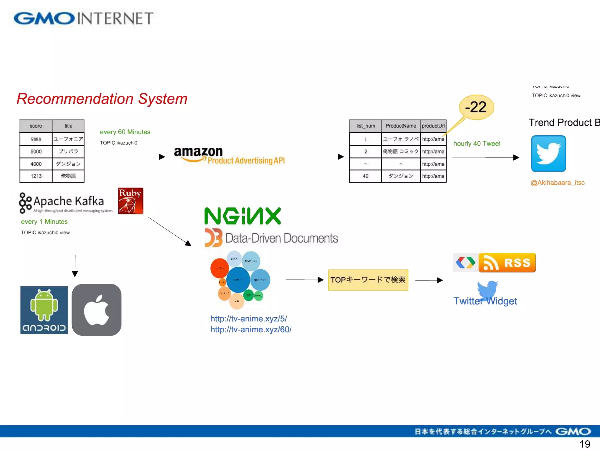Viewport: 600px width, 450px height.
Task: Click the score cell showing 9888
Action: (36, 139)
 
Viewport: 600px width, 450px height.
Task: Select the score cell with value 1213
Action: (36, 176)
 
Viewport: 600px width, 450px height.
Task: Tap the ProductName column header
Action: (400, 126)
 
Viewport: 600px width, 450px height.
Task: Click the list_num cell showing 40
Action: (365, 176)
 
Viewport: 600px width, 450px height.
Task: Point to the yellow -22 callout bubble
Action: (476, 107)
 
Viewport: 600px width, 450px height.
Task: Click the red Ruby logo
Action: (131, 201)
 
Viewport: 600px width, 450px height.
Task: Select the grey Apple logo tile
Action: (96, 310)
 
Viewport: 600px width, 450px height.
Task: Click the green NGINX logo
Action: (243, 216)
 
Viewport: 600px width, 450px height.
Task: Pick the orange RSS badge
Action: (507, 263)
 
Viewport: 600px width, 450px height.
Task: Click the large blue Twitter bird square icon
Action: (548, 154)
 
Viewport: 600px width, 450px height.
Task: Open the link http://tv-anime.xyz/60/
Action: (251, 330)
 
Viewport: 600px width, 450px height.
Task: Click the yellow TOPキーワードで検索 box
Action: (368, 280)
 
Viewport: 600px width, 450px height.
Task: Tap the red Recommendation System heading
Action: (102, 99)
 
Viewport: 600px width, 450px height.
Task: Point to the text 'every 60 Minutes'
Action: (125, 132)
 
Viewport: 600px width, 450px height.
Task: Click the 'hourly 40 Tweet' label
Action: (477, 144)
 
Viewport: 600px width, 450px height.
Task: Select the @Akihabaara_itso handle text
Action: (557, 183)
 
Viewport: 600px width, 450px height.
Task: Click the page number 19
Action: (584, 444)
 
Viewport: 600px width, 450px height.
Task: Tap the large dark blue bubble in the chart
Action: (238, 280)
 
